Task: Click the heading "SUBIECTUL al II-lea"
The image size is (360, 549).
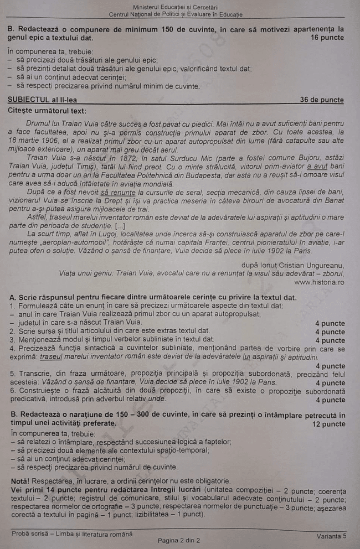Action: coord(43,100)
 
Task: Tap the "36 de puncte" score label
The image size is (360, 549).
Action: coord(322,100)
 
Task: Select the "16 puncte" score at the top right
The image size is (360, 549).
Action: coord(327,38)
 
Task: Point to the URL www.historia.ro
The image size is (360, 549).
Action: coord(319,282)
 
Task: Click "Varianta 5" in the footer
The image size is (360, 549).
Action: coord(332,536)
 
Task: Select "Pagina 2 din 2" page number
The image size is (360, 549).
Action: coord(179,540)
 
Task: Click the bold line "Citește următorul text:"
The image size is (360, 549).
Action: coord(47,111)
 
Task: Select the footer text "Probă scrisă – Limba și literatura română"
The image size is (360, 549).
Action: coord(72,534)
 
